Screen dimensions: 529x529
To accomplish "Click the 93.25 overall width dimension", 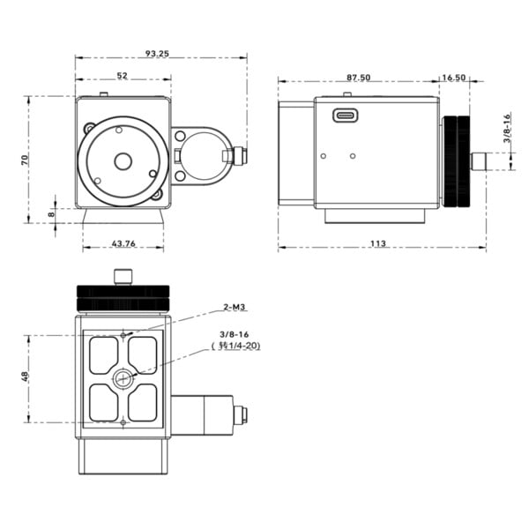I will [158, 54].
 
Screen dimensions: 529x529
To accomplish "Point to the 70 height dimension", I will [27, 159].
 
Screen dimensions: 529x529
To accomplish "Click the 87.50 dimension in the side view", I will [358, 78].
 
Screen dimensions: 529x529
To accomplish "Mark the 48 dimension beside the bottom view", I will [27, 378].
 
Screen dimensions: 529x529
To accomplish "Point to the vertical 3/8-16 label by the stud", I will [508, 132].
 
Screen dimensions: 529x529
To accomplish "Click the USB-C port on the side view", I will [345, 114].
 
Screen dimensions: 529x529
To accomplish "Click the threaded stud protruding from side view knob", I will [481, 160].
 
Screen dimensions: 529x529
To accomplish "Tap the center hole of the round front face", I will [123, 160].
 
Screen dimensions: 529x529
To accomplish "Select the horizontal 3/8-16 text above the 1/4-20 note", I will [235, 335].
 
